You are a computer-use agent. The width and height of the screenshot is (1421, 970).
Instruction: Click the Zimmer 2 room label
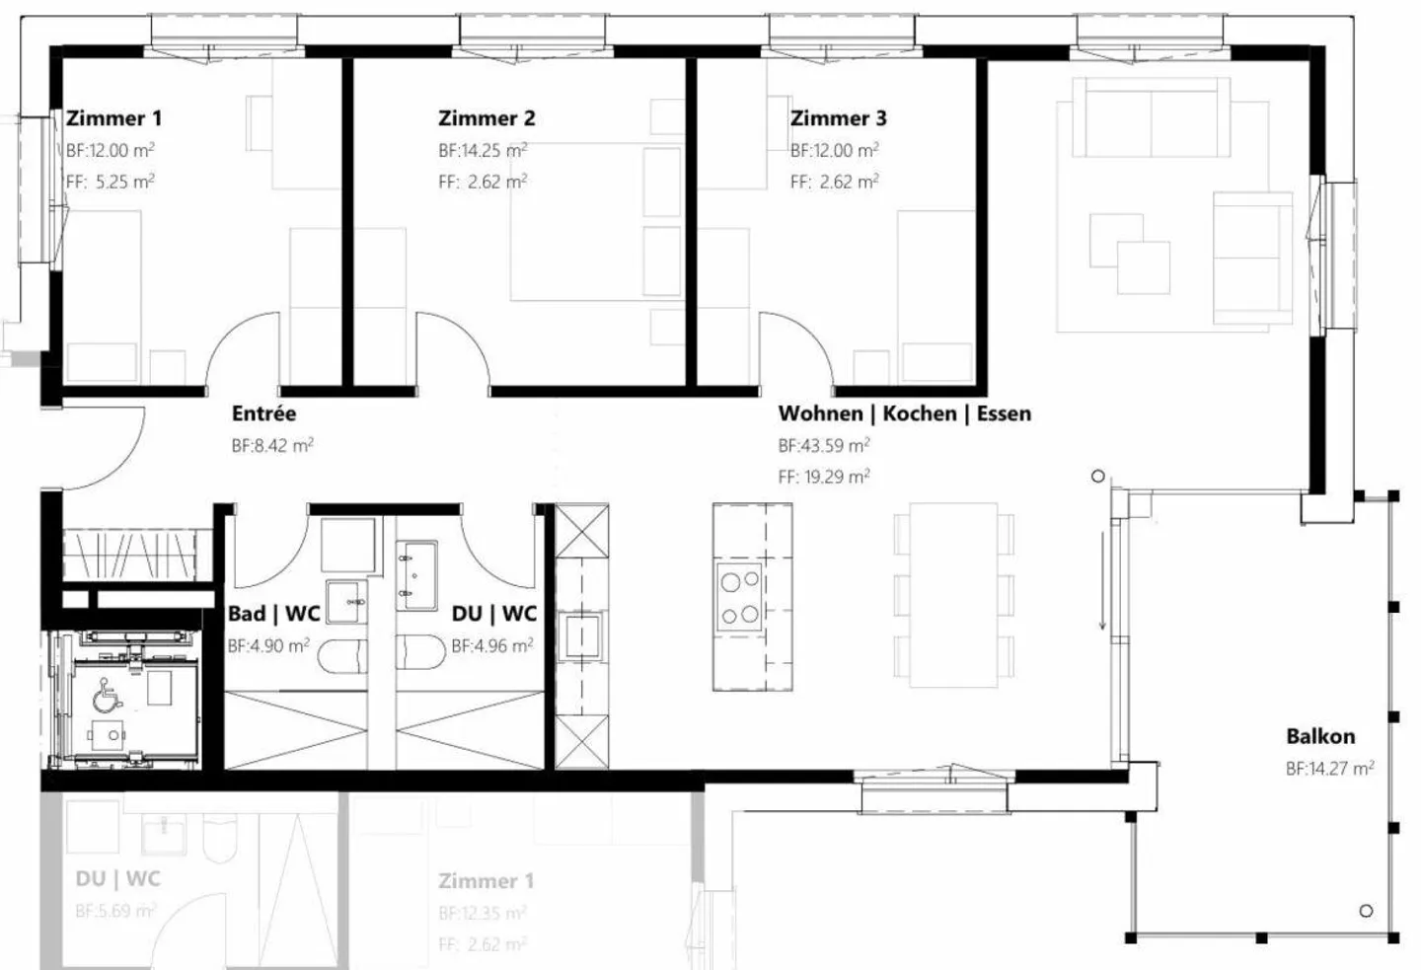486,118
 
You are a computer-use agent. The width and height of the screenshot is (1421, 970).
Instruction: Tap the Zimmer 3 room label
838,118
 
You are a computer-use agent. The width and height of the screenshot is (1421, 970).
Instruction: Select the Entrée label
263,413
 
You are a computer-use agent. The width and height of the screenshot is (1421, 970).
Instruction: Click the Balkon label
1319,736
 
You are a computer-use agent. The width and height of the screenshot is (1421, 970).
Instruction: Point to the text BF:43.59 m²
823,445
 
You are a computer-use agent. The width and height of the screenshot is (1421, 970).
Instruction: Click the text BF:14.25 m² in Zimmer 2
483,151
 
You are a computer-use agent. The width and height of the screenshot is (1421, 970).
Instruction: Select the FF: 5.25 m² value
110,182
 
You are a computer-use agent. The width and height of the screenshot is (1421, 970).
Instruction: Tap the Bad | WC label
273,614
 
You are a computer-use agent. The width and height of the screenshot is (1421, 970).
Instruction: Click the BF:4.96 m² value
491,646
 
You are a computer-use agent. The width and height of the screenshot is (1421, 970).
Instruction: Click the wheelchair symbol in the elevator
107,699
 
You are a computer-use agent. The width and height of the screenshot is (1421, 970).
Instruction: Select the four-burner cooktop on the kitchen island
739,598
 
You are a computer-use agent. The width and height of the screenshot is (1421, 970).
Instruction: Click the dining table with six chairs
953,595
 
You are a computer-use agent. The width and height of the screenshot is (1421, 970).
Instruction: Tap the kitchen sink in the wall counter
581,634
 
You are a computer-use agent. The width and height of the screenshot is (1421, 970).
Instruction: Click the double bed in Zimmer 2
595,222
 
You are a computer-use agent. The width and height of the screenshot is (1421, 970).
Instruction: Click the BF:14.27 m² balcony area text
1329,768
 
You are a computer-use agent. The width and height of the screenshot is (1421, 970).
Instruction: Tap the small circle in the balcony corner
1366,911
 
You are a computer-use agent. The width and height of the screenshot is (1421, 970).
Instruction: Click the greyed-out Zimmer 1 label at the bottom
486,881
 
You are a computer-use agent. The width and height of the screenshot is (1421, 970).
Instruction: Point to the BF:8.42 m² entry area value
272,445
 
